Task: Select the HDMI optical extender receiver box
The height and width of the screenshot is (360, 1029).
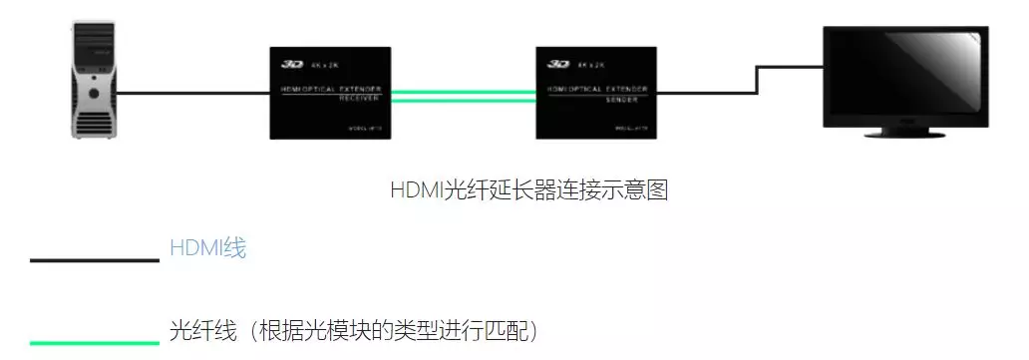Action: [x=330, y=92]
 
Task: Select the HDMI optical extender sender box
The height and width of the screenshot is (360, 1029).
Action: [x=596, y=92]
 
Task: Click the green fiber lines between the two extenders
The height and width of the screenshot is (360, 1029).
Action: [x=463, y=95]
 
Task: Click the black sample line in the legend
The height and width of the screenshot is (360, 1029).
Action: [x=95, y=260]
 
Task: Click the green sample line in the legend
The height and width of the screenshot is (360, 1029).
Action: [x=95, y=342]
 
